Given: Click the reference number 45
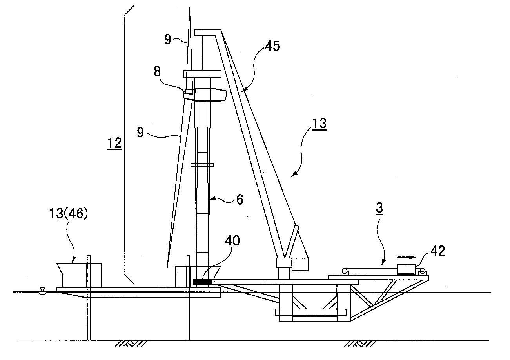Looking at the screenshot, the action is (272, 46).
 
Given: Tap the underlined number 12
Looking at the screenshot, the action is (114, 144).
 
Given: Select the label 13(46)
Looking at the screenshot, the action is (68, 214).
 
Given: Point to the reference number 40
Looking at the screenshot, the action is (232, 241).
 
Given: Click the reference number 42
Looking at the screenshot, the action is (437, 251).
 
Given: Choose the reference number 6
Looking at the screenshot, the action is (240, 200).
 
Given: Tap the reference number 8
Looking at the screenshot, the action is (157, 71).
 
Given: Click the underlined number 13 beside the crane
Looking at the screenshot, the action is (319, 124).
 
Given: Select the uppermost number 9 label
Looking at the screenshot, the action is (168, 39).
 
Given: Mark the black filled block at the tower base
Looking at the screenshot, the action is (202, 282).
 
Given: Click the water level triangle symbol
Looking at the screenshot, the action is (42, 289).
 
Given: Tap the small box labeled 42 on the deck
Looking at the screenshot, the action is (407, 269).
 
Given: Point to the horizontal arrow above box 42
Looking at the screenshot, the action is (407, 257).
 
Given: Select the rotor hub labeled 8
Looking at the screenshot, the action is (188, 94).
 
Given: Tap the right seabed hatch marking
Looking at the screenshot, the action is (360, 344).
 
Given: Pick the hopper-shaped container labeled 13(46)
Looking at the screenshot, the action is (79, 275).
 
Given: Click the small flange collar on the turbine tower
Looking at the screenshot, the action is (202, 165).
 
